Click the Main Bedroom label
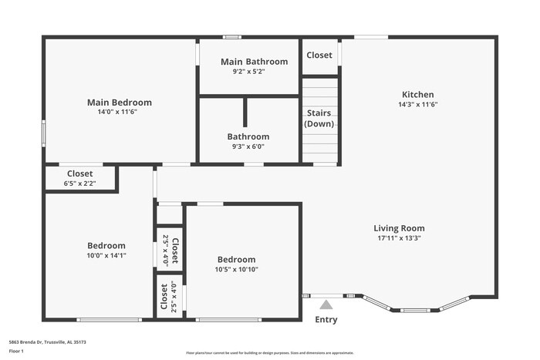point(119,102)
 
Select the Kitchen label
point(417,94)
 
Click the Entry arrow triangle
point(326,304)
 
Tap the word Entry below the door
point(326,320)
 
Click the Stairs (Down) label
point(319,119)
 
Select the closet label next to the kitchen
point(319,56)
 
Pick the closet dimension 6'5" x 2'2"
point(80,183)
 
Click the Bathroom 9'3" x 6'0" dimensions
point(248,146)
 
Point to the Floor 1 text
point(16,352)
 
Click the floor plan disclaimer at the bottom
point(269,352)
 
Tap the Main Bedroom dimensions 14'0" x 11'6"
point(119,112)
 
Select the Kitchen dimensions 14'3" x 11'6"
point(417,104)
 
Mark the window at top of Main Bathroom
point(231,36)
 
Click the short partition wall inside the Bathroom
point(245,112)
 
